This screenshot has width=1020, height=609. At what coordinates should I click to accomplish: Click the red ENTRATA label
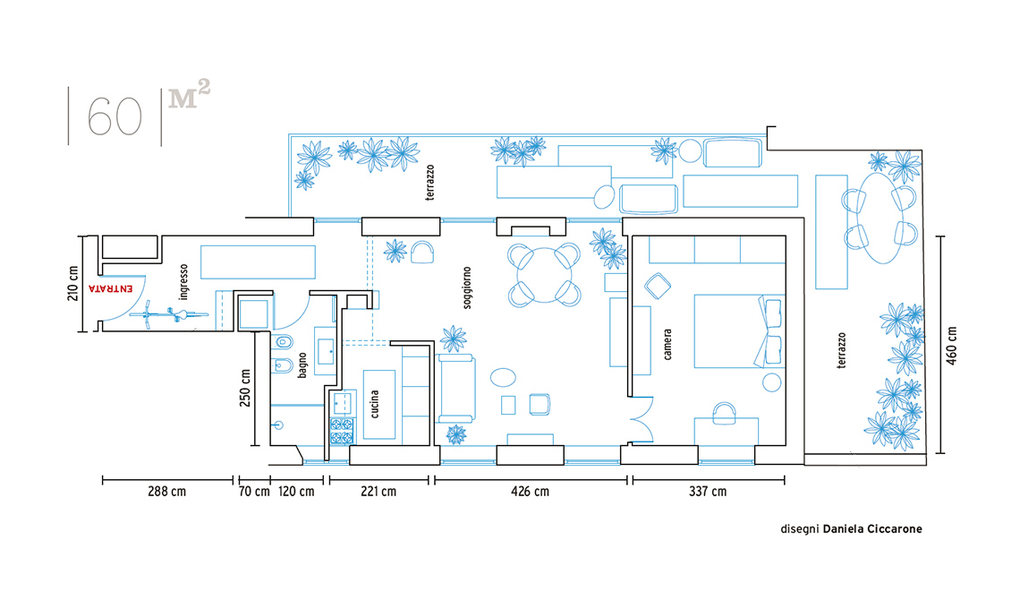[x=111, y=287]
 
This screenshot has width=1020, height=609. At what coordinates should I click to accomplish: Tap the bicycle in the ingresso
[x=168, y=315]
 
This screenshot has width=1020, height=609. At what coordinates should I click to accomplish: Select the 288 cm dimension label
[x=166, y=491]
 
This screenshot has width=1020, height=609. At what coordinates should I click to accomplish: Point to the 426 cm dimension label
[x=530, y=491]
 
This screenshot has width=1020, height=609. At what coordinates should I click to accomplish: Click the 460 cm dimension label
[x=952, y=345]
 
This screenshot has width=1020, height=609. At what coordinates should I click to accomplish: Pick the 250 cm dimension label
[x=244, y=388]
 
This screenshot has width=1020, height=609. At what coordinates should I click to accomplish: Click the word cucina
[x=375, y=404]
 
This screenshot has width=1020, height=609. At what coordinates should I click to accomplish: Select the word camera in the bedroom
[x=667, y=344]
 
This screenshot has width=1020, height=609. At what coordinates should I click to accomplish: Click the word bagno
[x=302, y=365]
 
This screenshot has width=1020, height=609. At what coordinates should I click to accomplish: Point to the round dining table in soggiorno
[x=545, y=274]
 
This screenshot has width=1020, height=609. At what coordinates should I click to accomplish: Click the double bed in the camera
[x=739, y=330]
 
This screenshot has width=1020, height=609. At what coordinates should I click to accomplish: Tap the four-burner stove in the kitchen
[x=342, y=431]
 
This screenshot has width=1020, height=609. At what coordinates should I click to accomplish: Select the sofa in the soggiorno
[x=456, y=388]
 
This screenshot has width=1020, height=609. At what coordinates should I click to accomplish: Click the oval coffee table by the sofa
[x=503, y=377]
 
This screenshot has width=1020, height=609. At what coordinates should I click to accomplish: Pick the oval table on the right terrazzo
[x=880, y=217]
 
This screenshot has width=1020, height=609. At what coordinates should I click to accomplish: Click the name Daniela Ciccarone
[x=872, y=529]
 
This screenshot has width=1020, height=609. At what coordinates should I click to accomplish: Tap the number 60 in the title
[x=115, y=116]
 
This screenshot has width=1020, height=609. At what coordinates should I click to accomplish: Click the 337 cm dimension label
[x=708, y=491]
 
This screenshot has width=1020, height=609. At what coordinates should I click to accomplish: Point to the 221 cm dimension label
[x=378, y=491]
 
